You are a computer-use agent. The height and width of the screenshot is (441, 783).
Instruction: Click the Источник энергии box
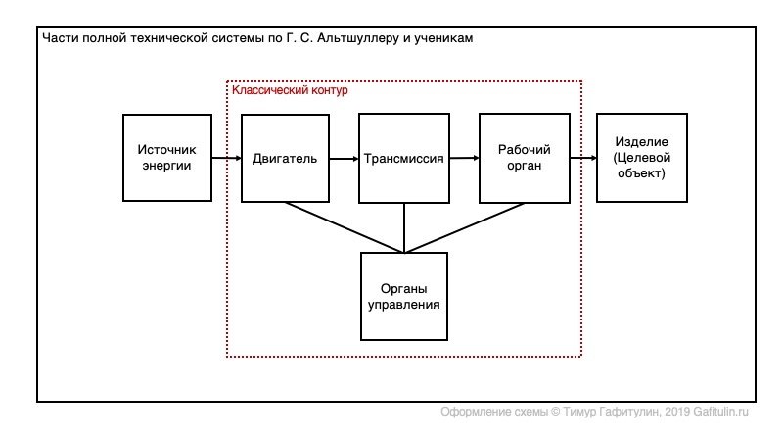(x=167, y=158)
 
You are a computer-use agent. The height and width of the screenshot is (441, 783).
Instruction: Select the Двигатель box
(x=285, y=158)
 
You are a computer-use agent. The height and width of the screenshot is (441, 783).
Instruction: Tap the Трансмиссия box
(x=404, y=158)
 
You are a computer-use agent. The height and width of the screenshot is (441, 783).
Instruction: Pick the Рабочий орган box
(x=525, y=158)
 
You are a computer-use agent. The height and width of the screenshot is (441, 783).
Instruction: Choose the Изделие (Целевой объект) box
(x=642, y=158)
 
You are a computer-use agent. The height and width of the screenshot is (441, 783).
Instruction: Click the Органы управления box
(x=404, y=297)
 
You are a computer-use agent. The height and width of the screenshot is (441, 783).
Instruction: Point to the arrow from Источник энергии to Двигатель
(x=227, y=158)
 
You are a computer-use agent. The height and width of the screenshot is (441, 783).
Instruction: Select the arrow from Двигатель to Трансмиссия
(x=345, y=159)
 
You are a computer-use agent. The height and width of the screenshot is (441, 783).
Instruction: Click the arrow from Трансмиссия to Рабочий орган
(x=464, y=158)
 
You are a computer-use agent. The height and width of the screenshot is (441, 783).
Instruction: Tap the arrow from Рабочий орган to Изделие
(x=583, y=158)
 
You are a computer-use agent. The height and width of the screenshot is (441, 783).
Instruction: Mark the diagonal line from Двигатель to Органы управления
(x=345, y=227)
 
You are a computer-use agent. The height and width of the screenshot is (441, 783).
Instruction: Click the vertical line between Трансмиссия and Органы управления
(x=404, y=228)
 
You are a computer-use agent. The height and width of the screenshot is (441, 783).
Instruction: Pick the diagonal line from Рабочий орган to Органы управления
(x=464, y=227)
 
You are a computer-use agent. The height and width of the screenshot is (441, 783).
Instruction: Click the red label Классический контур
(x=290, y=90)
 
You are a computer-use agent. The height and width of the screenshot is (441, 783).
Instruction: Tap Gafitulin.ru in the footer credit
(x=720, y=412)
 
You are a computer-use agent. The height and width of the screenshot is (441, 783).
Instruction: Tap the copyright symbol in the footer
(x=555, y=412)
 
